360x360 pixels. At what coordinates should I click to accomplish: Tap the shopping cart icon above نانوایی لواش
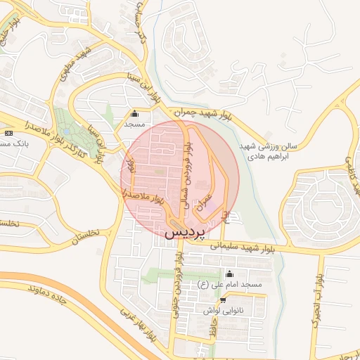click(223, 300)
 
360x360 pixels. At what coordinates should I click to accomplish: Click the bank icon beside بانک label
click(8, 133)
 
